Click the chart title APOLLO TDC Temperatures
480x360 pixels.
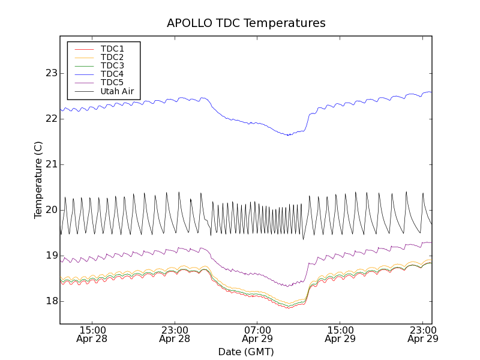click(246, 23)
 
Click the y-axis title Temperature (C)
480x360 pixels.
click(38, 180)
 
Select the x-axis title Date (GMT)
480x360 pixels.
click(246, 352)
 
